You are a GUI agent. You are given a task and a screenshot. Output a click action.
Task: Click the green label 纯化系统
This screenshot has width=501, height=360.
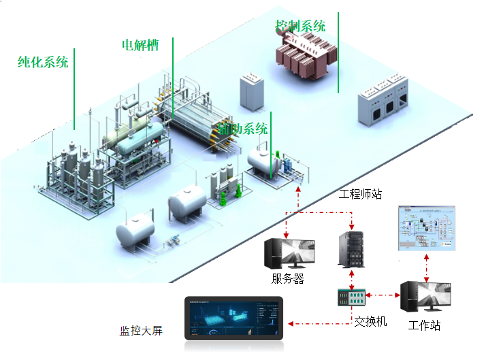coord(43,63)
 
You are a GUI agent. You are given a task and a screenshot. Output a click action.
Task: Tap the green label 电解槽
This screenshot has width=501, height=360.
coord(140,46)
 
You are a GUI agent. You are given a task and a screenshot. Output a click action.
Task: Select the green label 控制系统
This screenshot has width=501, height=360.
coord(300,27)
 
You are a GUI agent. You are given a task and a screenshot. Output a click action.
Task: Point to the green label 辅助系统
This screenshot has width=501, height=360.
coord(243,129)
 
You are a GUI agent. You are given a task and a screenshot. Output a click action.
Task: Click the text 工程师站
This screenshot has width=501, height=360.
coord(361,194)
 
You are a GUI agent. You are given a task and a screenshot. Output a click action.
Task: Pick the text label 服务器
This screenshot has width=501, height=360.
coord(287,278)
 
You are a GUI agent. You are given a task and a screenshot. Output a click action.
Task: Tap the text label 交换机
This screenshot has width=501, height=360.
coord(370,321)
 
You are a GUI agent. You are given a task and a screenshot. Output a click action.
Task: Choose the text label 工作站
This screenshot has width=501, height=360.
coord(424,325)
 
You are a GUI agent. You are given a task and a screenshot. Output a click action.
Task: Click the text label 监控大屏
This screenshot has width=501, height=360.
coord(142,331)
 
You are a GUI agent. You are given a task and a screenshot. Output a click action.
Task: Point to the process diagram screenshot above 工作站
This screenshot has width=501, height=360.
coord(425,229)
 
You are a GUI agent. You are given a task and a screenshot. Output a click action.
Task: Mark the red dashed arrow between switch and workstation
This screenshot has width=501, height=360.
coord(385,296)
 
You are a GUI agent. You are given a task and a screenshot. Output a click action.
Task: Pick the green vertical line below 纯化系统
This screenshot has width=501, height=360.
coord(74,88)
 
